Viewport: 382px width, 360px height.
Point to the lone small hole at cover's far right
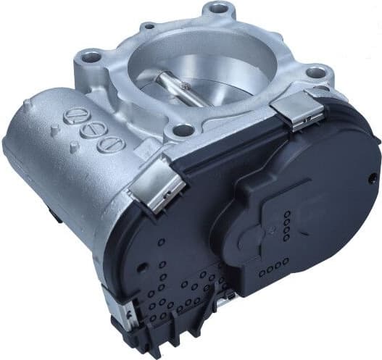click(372, 176)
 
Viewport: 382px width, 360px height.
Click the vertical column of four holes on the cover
click(288, 224)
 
